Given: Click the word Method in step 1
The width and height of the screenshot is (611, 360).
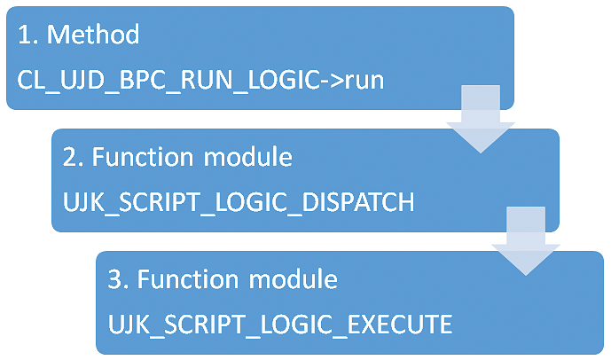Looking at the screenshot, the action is coord(93,35).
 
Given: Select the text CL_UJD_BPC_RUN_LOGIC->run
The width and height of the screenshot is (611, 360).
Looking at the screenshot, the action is coord(200,81).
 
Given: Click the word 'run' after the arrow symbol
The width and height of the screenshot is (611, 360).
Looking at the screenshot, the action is coord(364,82).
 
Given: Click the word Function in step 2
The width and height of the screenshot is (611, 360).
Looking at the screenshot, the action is coord(142,157).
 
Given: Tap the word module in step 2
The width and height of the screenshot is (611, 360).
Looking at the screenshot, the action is coord(247,157).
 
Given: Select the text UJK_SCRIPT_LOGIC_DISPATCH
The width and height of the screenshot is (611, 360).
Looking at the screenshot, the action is coord(239,202).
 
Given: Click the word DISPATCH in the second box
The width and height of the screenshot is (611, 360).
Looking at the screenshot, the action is coord(358,202).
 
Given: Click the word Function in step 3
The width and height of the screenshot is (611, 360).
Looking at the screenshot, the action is coord(187,279).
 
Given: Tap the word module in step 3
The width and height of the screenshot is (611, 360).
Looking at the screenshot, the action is coord(293,279).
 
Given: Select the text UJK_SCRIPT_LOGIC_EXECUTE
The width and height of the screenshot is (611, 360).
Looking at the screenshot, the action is coord(280,325).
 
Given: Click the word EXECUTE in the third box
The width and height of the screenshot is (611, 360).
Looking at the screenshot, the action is coord(400,325).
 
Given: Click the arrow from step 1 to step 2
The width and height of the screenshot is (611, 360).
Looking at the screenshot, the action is coord(481,119).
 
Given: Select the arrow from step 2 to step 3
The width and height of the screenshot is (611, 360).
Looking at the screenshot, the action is coord(526,241).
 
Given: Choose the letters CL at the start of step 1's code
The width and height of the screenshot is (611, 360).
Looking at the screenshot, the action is coord(29,80).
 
